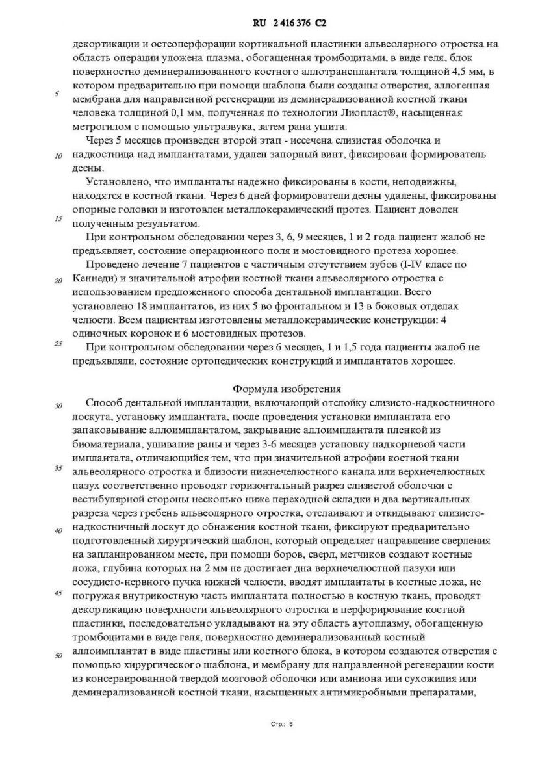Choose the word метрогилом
pos(105,127)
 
